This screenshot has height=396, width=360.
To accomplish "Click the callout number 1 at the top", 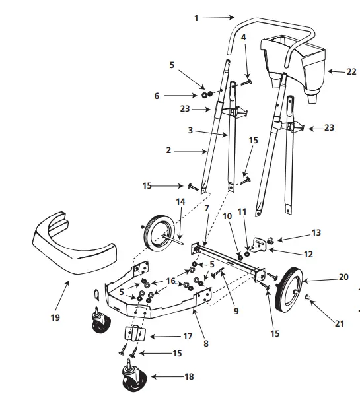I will (196, 18).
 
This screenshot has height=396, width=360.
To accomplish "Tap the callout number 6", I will (157, 96).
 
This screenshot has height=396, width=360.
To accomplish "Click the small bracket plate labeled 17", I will (136, 335).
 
